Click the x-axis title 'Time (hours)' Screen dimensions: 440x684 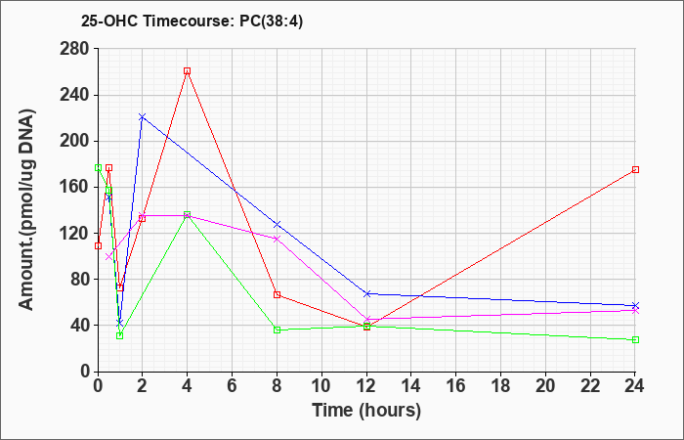click(366, 411)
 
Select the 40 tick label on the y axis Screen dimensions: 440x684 click(80, 326)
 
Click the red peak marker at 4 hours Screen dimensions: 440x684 click(188, 71)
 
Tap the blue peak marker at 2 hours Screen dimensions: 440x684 click(143, 117)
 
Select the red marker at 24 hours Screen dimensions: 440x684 click(635, 169)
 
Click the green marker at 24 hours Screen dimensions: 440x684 click(635, 339)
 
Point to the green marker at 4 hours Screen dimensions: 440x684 click(188, 215)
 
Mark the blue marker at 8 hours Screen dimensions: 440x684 click(278, 225)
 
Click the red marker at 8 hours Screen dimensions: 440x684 click(278, 294)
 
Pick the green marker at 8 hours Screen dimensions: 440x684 click(278, 330)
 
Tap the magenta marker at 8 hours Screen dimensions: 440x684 click(278, 239)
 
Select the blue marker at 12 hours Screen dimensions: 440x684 click(366, 293)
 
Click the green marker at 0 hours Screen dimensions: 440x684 click(98, 167)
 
